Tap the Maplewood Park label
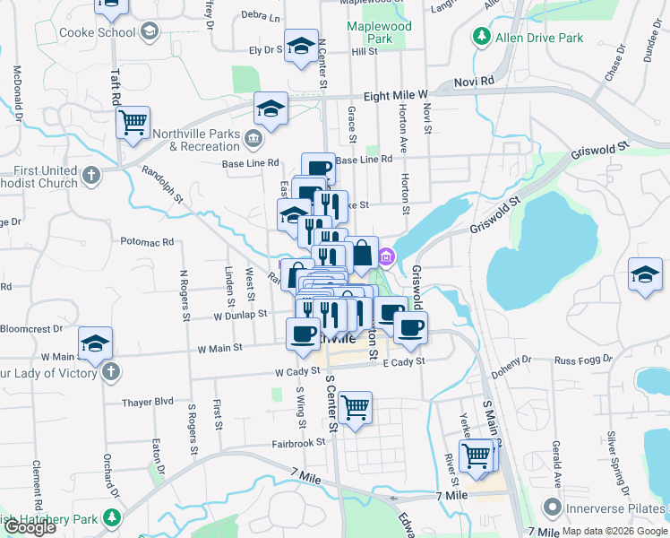380,33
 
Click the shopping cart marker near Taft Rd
133,122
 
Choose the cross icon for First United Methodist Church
90,178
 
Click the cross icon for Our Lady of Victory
110,372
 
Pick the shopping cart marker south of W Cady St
356,408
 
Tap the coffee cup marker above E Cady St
410,328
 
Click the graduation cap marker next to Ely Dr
302,46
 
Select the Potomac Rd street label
147,242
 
